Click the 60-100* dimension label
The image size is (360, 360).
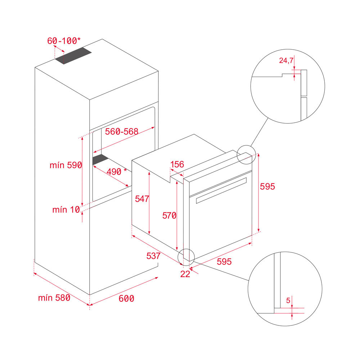click(64, 41)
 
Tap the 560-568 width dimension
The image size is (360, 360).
click(122, 131)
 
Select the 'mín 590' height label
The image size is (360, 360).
click(66, 165)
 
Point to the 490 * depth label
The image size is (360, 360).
click(117, 171)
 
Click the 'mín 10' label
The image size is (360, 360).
click(66, 210)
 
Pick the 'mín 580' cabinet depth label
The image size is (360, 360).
click(54, 298)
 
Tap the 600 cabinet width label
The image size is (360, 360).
click(126, 298)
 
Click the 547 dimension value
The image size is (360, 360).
click(142, 199)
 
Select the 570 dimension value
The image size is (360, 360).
click(170, 216)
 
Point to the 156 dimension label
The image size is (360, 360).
click(177, 165)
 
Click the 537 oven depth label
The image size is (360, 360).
click(153, 256)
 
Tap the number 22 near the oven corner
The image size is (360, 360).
click(185, 274)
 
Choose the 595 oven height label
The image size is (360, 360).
click(267, 186)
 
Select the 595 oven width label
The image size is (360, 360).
click(224, 261)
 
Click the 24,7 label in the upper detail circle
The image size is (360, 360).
click(286, 60)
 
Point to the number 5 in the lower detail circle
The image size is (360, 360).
click(288, 300)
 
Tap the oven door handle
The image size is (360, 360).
click(221, 190)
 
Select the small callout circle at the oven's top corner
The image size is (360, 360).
click(246, 155)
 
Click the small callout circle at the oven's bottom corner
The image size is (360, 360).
click(186, 257)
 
